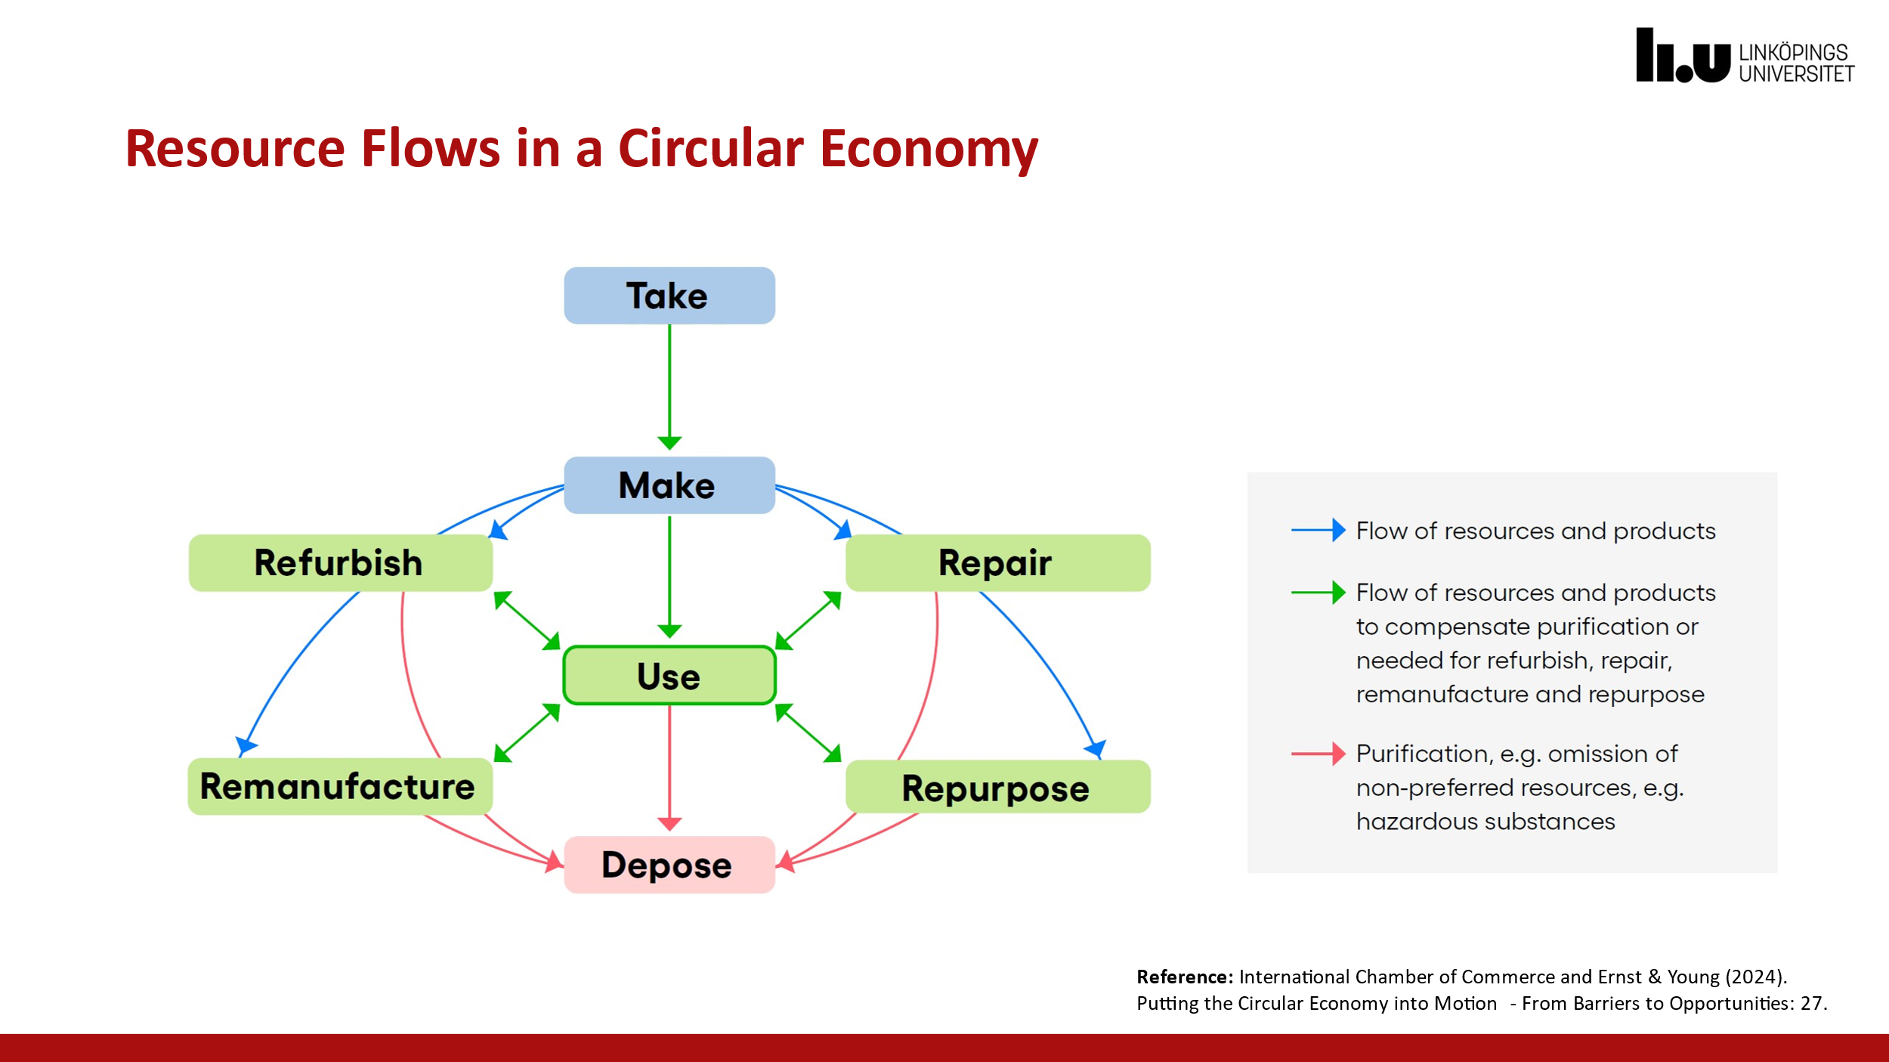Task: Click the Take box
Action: point(669,296)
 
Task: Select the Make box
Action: point(669,485)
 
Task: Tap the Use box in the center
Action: point(669,675)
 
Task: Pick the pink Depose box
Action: point(669,865)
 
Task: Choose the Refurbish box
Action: point(340,563)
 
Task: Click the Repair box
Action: point(997,563)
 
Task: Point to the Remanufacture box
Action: point(340,786)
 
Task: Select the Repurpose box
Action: point(997,788)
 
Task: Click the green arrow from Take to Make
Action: point(669,385)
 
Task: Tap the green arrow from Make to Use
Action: point(669,574)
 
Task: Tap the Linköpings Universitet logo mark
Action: point(1682,57)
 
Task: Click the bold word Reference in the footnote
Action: point(1184,977)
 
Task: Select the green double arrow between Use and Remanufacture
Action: point(527,732)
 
